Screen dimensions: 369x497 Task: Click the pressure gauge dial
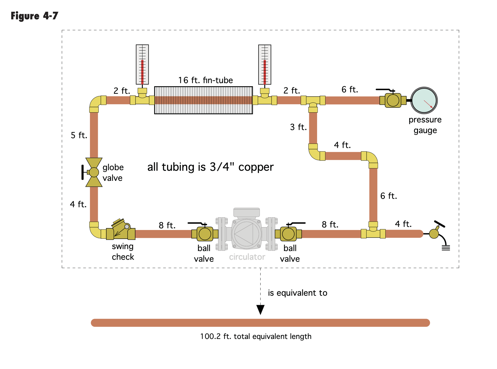tap(424, 101)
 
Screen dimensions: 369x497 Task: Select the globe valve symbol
tap(94, 172)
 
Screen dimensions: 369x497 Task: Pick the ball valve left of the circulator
tap(205, 234)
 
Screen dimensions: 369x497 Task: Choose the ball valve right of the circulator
tap(288, 234)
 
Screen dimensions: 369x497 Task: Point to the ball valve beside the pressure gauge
tap(393, 100)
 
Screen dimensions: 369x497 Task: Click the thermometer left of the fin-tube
tap(142, 65)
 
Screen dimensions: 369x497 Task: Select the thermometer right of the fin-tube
tap(265, 65)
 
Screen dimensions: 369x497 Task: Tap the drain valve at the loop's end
tap(435, 233)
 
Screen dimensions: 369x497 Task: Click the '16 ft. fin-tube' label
tap(205, 80)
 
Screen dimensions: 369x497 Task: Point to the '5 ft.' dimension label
tap(79, 135)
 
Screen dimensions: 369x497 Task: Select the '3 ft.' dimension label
tap(298, 127)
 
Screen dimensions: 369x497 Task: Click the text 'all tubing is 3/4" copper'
tap(210, 167)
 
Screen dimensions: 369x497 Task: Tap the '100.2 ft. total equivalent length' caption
tap(256, 336)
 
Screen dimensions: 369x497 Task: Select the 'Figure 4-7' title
tap(34, 16)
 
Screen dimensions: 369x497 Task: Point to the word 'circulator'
tap(247, 257)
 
